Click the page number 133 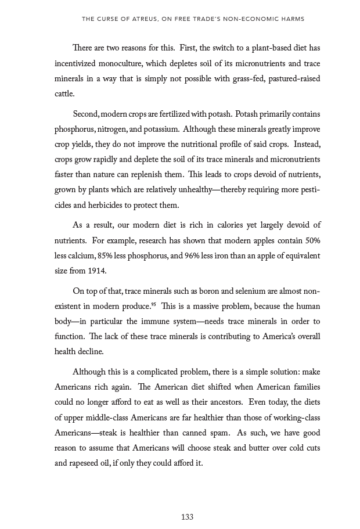click(187, 517)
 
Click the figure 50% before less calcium click(311, 240)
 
